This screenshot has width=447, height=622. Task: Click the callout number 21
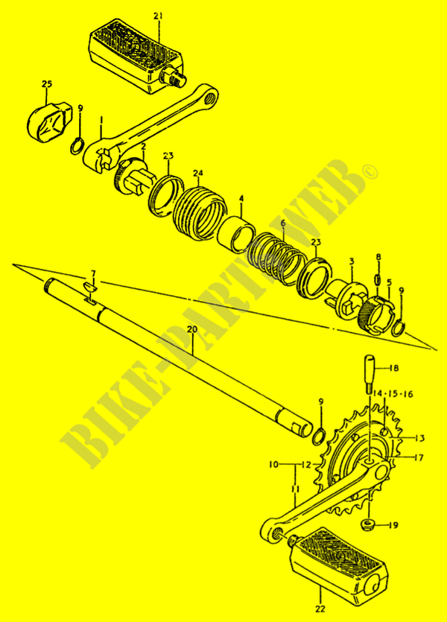click(x=157, y=16)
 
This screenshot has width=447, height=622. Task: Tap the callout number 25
click(x=47, y=85)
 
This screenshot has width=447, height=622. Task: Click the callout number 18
click(x=393, y=368)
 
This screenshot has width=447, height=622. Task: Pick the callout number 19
click(x=393, y=525)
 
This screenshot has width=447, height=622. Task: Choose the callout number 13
click(x=419, y=438)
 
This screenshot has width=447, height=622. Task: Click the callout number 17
click(x=419, y=457)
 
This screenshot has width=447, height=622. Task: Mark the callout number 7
click(x=93, y=273)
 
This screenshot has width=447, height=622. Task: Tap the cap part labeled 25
click(x=48, y=118)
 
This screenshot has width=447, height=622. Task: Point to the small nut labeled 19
click(x=368, y=526)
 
